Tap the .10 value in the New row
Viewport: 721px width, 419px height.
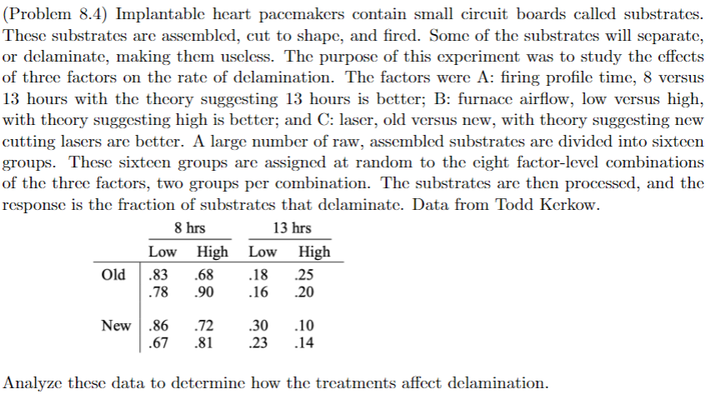[x=313, y=325]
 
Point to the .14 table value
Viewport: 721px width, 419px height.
[x=313, y=342]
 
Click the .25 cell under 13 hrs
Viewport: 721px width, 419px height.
[x=313, y=274]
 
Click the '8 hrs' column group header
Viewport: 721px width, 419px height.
[x=190, y=228]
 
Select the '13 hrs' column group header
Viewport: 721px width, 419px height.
[x=292, y=228]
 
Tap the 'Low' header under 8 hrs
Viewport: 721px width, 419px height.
[x=162, y=252]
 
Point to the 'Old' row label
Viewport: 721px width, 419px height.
[x=113, y=274]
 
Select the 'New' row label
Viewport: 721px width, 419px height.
[x=116, y=325]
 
